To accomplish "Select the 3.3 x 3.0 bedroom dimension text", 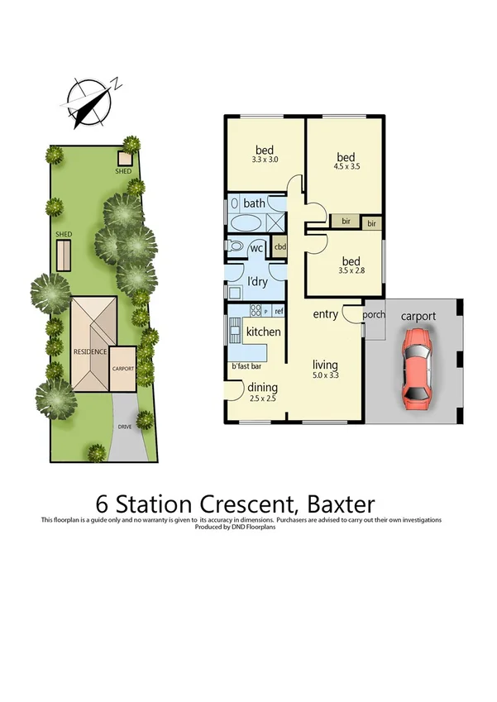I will pyautogui.click(x=264, y=160).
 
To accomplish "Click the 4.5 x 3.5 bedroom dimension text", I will pyautogui.click(x=346, y=166).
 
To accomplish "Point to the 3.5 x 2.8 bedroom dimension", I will pyautogui.click(x=346, y=270).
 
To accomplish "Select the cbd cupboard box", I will pyautogui.click(x=280, y=246).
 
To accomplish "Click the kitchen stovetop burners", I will pyautogui.click(x=256, y=311).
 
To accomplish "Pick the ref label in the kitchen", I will pyautogui.click(x=279, y=311).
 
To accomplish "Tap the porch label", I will pyautogui.click(x=374, y=315).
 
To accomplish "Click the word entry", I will pyautogui.click(x=326, y=315).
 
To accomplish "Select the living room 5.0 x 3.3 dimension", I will pyautogui.click(x=325, y=375).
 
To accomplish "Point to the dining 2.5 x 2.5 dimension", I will pyautogui.click(x=263, y=399).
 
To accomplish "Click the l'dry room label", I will pyautogui.click(x=257, y=282).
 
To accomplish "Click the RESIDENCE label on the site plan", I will pyautogui.click(x=90, y=351).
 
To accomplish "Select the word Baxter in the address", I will pyautogui.click(x=341, y=503).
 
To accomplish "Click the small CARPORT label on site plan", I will pyautogui.click(x=123, y=369).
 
